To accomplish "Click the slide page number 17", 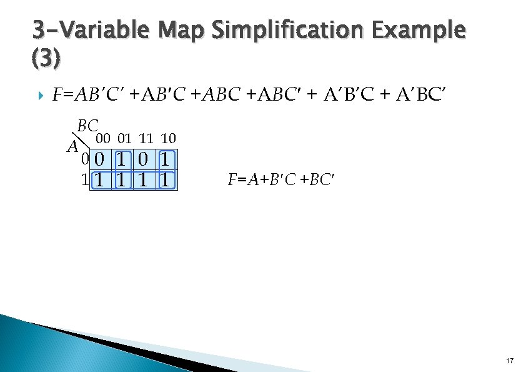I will point(510,361).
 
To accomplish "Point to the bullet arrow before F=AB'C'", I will point(42,96).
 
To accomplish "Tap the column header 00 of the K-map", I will point(102,138).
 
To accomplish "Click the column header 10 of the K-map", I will point(167,138).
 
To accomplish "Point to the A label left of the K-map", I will point(72,148).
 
